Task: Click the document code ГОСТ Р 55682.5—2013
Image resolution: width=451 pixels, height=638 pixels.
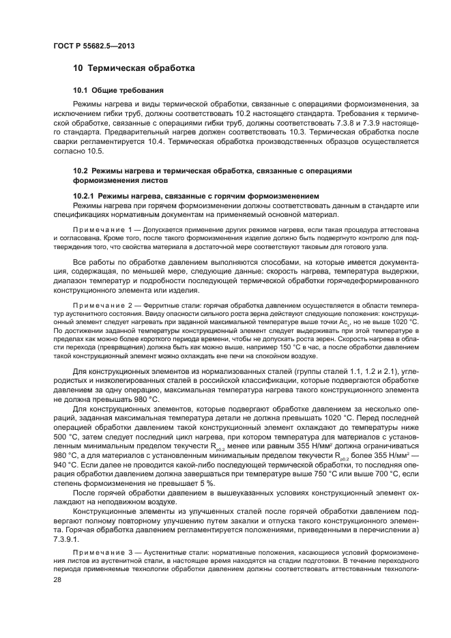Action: click(x=93, y=45)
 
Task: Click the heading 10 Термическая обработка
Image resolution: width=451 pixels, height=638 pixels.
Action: click(x=134, y=68)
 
